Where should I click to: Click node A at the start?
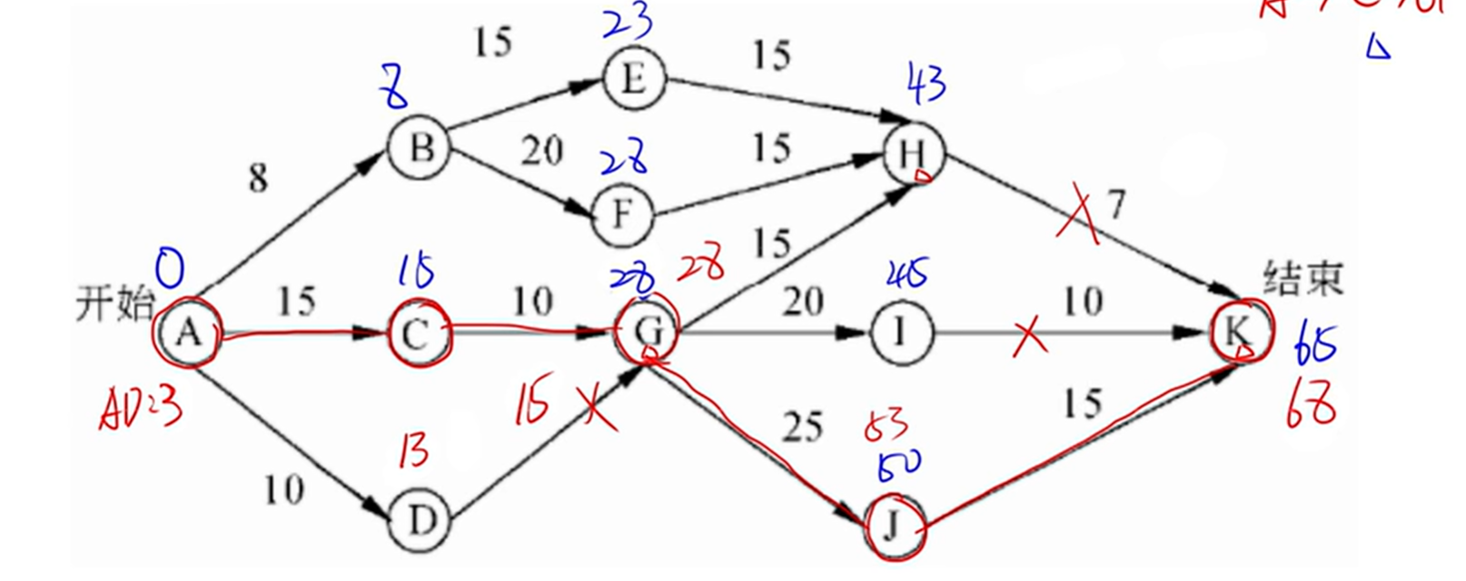(188, 334)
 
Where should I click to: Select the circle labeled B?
(419, 148)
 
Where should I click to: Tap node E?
(633, 79)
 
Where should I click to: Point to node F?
(623, 216)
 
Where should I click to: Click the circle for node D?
(420, 522)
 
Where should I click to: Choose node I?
(901, 333)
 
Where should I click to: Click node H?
(914, 154)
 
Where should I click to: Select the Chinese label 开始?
(114, 302)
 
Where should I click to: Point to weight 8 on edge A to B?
(259, 178)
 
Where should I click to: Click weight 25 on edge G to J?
(802, 427)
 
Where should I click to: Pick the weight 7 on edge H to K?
(1115, 205)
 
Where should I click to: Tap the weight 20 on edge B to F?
(541, 151)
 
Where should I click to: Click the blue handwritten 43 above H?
(926, 86)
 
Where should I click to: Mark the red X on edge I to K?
(1029, 339)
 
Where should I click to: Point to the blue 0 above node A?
(170, 269)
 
